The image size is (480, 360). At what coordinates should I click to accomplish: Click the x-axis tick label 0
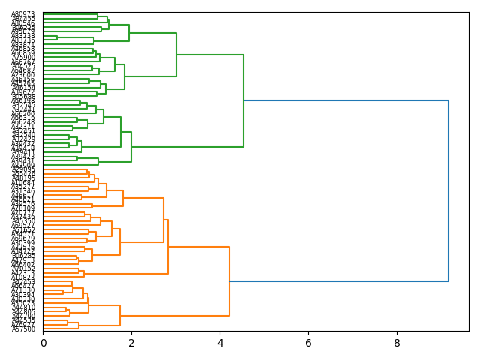click(x=43, y=343)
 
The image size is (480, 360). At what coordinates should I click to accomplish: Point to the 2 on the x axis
click(x=131, y=343)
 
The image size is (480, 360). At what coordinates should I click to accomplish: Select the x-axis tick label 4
click(x=220, y=343)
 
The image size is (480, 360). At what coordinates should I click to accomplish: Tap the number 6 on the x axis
click(x=308, y=343)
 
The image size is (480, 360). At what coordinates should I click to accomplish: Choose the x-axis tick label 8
click(x=397, y=343)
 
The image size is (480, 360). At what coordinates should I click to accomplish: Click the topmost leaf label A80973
click(x=23, y=15)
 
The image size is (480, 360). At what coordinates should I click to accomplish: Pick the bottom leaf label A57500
click(x=23, y=329)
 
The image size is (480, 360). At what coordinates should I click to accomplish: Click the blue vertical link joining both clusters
click(x=448, y=190)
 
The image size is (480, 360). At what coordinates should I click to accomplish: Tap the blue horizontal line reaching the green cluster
click(x=346, y=100)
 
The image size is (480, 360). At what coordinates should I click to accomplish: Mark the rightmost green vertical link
click(x=244, y=100)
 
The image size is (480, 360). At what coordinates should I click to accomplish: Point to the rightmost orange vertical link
click(x=229, y=281)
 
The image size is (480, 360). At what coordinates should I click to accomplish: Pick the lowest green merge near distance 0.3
click(x=56, y=37)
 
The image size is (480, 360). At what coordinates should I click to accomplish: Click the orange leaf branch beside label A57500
click(x=60, y=329)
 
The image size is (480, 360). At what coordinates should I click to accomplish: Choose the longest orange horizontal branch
click(x=199, y=247)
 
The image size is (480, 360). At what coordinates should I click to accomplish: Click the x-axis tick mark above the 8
click(x=397, y=331)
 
